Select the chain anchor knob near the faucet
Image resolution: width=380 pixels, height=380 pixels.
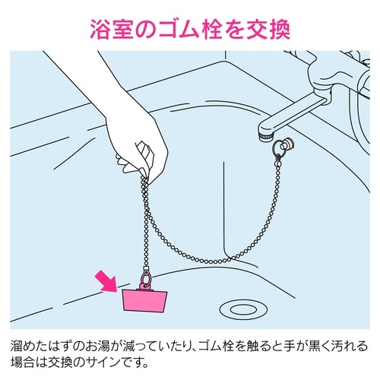[290, 144]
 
